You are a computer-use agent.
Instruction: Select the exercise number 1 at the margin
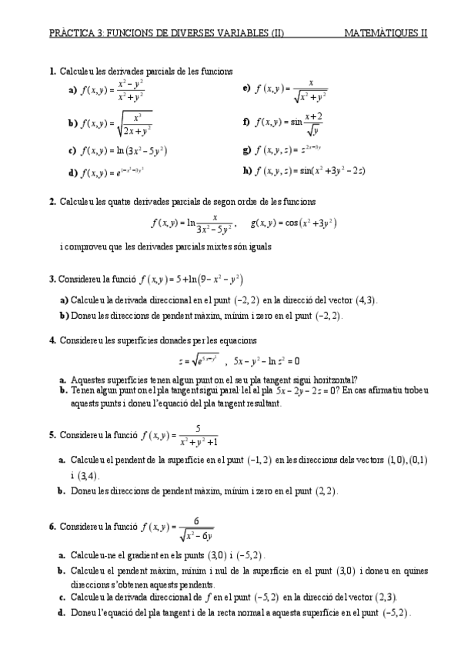[x=52, y=72]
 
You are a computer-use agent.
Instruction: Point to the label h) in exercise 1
[x=246, y=170]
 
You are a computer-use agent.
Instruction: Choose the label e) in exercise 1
[x=246, y=89]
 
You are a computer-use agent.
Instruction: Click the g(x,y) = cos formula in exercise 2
[x=294, y=223]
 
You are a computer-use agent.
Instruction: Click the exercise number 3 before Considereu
[x=52, y=280]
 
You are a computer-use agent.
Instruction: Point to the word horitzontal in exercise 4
[x=325, y=380]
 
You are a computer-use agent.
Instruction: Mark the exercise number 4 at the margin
[x=52, y=340]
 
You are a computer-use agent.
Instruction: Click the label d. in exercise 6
[x=61, y=613]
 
